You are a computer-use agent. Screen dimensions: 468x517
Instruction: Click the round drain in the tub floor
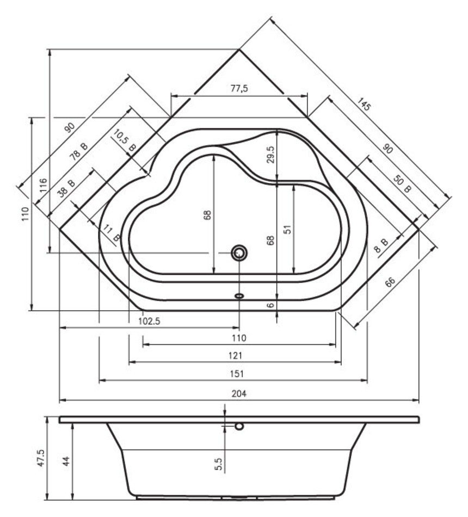point(239,253)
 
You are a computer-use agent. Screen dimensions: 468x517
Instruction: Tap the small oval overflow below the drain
point(239,296)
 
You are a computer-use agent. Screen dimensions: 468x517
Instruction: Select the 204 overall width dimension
point(239,393)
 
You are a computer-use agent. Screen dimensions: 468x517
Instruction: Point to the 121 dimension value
point(236,355)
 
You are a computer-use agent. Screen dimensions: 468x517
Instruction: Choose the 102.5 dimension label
point(149,321)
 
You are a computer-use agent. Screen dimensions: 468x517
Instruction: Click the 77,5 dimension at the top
point(239,88)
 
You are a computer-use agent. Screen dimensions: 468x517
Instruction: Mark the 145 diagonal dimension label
point(364,104)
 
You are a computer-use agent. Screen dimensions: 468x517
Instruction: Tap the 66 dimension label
point(390,282)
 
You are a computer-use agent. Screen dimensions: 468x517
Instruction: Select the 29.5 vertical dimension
point(270,155)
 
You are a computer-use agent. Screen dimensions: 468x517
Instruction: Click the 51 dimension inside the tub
point(288,230)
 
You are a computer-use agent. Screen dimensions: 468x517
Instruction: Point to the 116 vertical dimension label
point(43,186)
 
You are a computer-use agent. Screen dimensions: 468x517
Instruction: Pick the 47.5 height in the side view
point(41,458)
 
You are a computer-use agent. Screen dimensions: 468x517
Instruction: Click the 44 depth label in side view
point(66,461)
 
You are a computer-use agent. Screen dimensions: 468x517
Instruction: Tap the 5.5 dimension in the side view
point(218,464)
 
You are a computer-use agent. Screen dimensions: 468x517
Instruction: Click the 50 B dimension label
point(402,184)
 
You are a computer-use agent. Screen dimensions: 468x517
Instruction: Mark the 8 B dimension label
point(382,245)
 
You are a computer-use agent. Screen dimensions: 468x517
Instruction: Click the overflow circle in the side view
point(239,426)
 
